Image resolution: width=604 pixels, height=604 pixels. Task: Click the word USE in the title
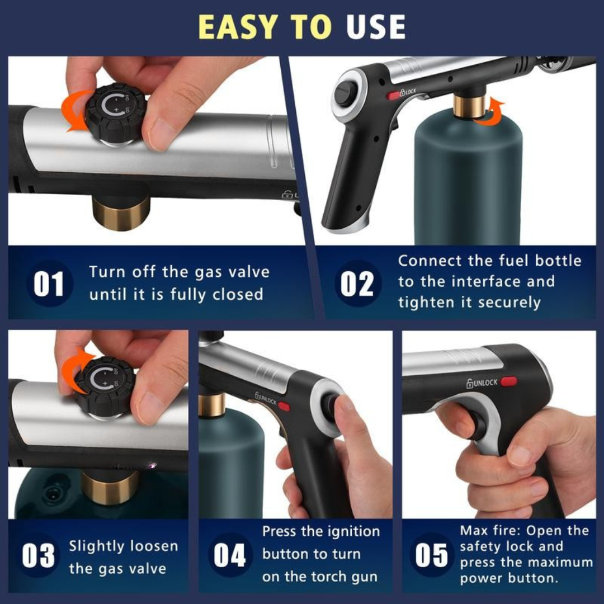[375, 27]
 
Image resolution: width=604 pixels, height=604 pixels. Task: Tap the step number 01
[49, 284]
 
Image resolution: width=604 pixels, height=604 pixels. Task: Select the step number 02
[357, 284]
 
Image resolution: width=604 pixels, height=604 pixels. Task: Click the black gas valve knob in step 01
[115, 112]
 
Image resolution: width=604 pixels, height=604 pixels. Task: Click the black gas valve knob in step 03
[105, 385]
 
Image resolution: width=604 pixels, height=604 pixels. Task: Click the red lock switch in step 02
[393, 96]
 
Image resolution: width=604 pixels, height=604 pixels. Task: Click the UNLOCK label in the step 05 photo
[482, 383]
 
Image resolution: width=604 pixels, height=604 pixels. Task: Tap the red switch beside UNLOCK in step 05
[509, 381]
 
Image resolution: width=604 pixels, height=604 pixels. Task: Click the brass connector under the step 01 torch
[121, 213]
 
